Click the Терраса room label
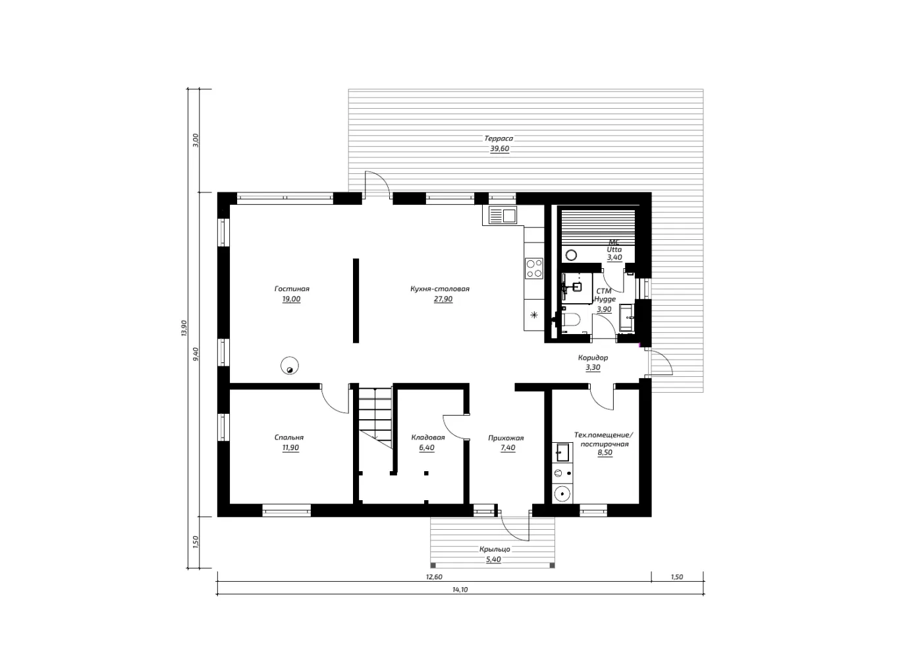point(499,138)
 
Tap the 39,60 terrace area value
point(500,149)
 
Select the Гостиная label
point(292,289)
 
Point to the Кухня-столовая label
point(440,289)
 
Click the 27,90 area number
point(443,299)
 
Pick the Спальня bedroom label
point(289,438)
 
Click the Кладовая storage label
point(428,438)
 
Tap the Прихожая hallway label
point(506,438)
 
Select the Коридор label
point(593,357)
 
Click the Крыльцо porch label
point(495,549)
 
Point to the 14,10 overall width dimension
point(460,589)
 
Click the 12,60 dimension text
point(434,577)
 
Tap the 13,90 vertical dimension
point(184,328)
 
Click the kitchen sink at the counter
point(502,215)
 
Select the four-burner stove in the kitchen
point(534,268)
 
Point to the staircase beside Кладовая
point(375,416)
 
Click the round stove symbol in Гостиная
point(289,366)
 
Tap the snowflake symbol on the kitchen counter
point(534,316)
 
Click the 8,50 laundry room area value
point(605,452)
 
